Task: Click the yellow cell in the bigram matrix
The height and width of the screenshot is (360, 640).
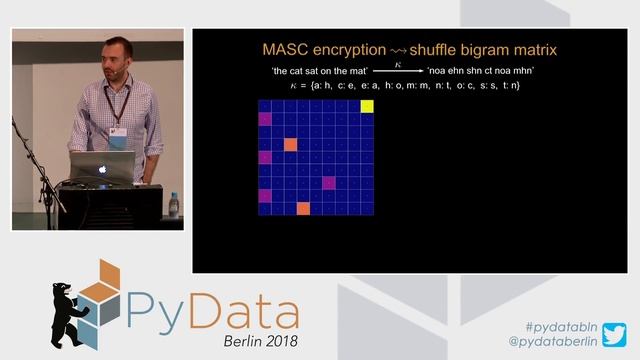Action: tap(367, 106)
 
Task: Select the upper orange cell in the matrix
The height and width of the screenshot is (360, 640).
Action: tap(291, 144)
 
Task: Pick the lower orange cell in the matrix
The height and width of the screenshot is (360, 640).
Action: tap(303, 208)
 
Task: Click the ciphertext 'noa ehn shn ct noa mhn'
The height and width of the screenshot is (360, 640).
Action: tap(480, 71)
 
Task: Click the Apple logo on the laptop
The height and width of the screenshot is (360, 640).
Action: tap(101, 169)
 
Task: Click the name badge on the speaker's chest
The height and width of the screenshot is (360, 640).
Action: tap(118, 134)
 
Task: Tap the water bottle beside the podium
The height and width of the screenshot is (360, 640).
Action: tap(173, 204)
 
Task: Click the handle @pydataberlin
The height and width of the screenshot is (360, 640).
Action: tap(553, 342)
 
